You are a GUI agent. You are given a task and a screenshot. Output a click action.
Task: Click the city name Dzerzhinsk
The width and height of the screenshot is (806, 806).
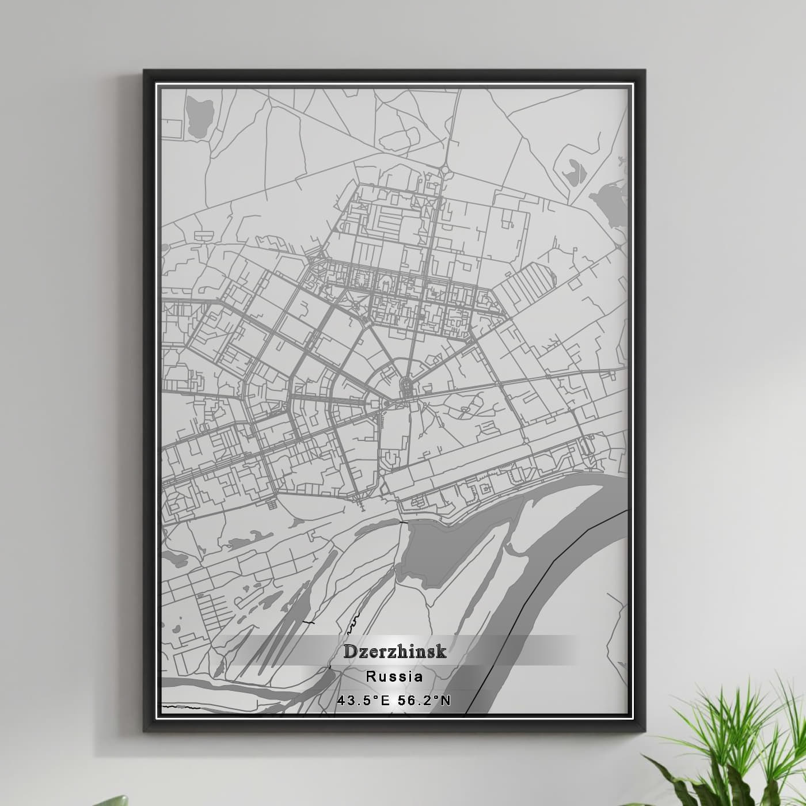click(x=395, y=651)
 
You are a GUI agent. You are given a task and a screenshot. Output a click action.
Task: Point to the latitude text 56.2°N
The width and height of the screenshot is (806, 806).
click(x=425, y=700)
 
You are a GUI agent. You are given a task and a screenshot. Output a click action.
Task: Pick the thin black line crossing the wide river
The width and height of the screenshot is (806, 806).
click(x=553, y=564)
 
